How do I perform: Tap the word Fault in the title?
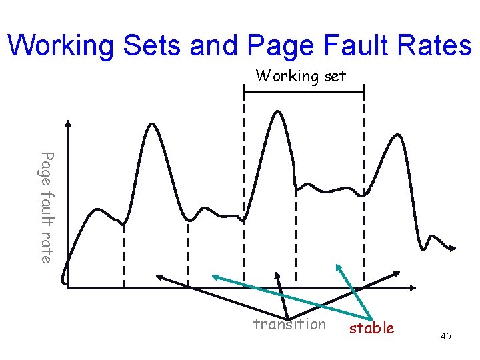[x=353, y=45]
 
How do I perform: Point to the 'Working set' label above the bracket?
[x=301, y=76]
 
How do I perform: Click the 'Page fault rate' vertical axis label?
[x=46, y=207]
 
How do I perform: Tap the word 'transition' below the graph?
[x=289, y=325]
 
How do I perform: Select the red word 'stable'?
[x=372, y=328]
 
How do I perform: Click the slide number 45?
[x=445, y=337]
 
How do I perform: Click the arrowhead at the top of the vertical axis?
[x=67, y=124]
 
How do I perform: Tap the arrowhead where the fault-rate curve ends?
[x=453, y=249]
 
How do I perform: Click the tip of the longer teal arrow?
[x=214, y=275]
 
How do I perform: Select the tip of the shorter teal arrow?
[x=337, y=265]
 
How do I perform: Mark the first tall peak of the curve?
[x=153, y=124]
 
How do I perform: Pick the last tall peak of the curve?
[x=397, y=136]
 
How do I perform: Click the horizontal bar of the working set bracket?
[x=304, y=93]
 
